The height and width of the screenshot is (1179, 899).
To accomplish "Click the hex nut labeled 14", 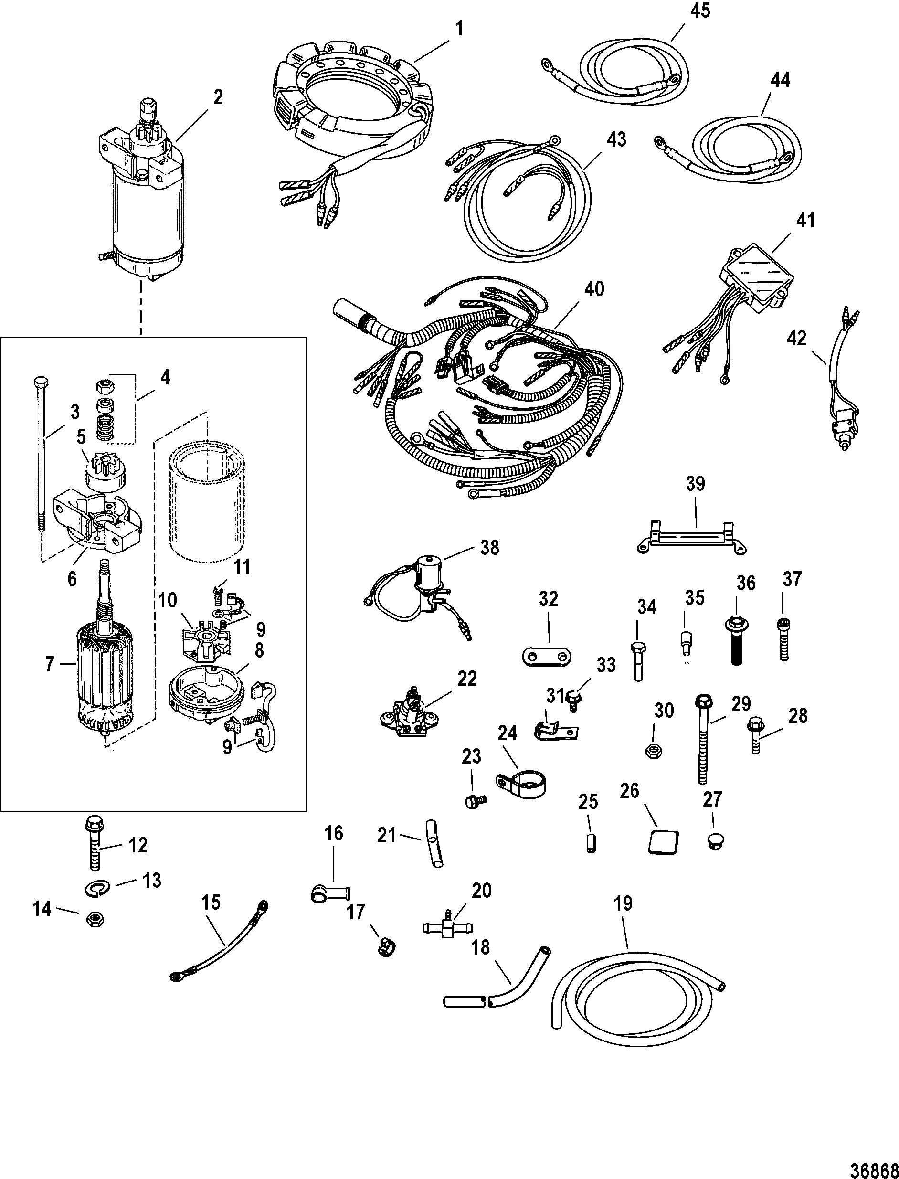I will click(95, 920).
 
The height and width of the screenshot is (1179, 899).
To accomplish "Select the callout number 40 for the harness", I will click(593, 289).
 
